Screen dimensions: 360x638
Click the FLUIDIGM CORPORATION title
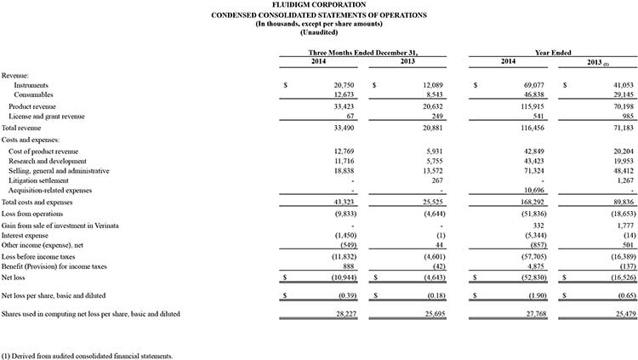point(319,6)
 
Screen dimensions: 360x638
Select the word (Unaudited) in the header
point(319,33)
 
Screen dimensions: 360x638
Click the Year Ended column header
point(551,53)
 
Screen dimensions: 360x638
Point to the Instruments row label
point(31,86)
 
